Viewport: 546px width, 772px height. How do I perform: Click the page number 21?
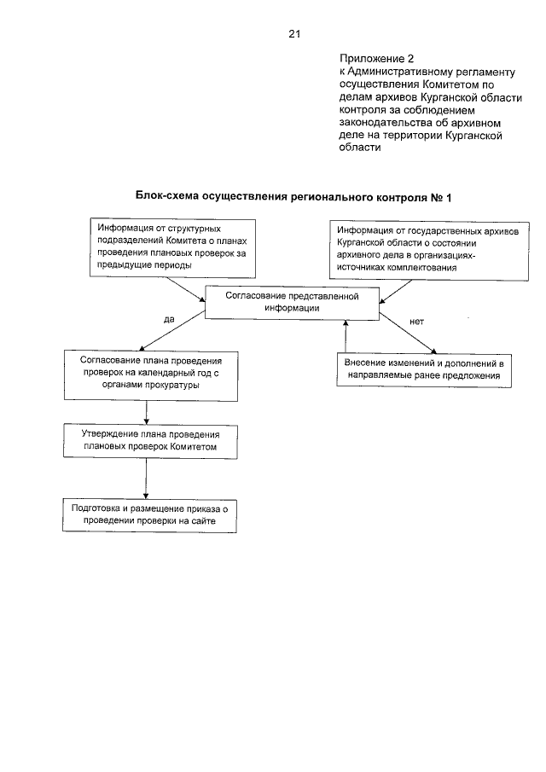[x=294, y=34]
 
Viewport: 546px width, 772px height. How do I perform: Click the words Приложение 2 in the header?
[x=371, y=59]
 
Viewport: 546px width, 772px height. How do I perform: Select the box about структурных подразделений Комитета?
[x=173, y=247]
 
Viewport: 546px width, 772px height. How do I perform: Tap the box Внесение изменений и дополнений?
[x=424, y=369]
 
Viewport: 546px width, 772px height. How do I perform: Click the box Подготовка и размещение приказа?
[x=149, y=514]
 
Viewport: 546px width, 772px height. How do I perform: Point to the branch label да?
[x=168, y=319]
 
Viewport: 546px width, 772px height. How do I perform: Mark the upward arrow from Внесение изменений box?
[x=346, y=336]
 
